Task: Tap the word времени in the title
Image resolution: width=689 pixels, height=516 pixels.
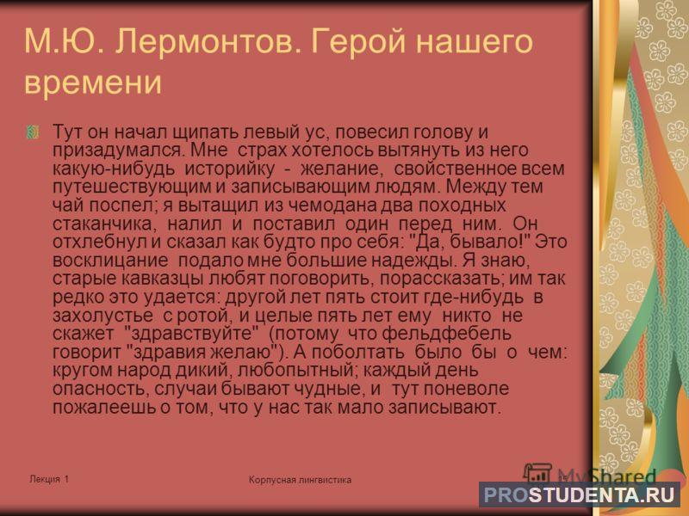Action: coord(93,83)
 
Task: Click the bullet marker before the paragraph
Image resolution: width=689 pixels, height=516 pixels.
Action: coord(33,132)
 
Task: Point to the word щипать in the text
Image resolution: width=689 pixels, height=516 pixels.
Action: coord(206,132)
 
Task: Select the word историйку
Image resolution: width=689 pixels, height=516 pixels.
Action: coord(229,169)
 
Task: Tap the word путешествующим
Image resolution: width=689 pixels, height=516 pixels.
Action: coord(132,187)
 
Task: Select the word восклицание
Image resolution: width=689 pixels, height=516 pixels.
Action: coord(110,261)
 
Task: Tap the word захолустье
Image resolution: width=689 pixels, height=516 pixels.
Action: coord(102,316)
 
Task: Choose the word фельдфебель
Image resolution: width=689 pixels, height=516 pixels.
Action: coord(446,334)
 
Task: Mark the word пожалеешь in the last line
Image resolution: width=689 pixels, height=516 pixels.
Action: coord(105,408)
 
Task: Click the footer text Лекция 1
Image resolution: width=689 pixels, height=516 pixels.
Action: coord(49,479)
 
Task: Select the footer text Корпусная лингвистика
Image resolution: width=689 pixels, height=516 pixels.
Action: coord(300,480)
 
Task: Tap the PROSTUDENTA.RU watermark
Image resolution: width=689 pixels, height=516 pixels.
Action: coord(580,494)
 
